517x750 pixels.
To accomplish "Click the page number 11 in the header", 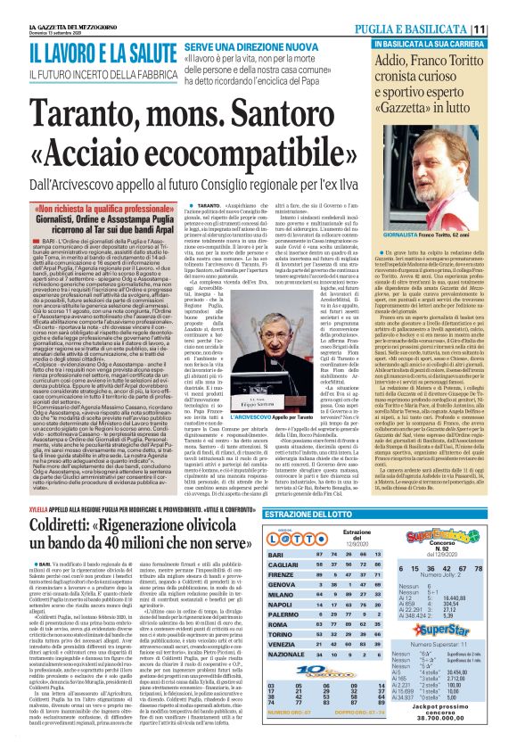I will (x=504, y=28).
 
